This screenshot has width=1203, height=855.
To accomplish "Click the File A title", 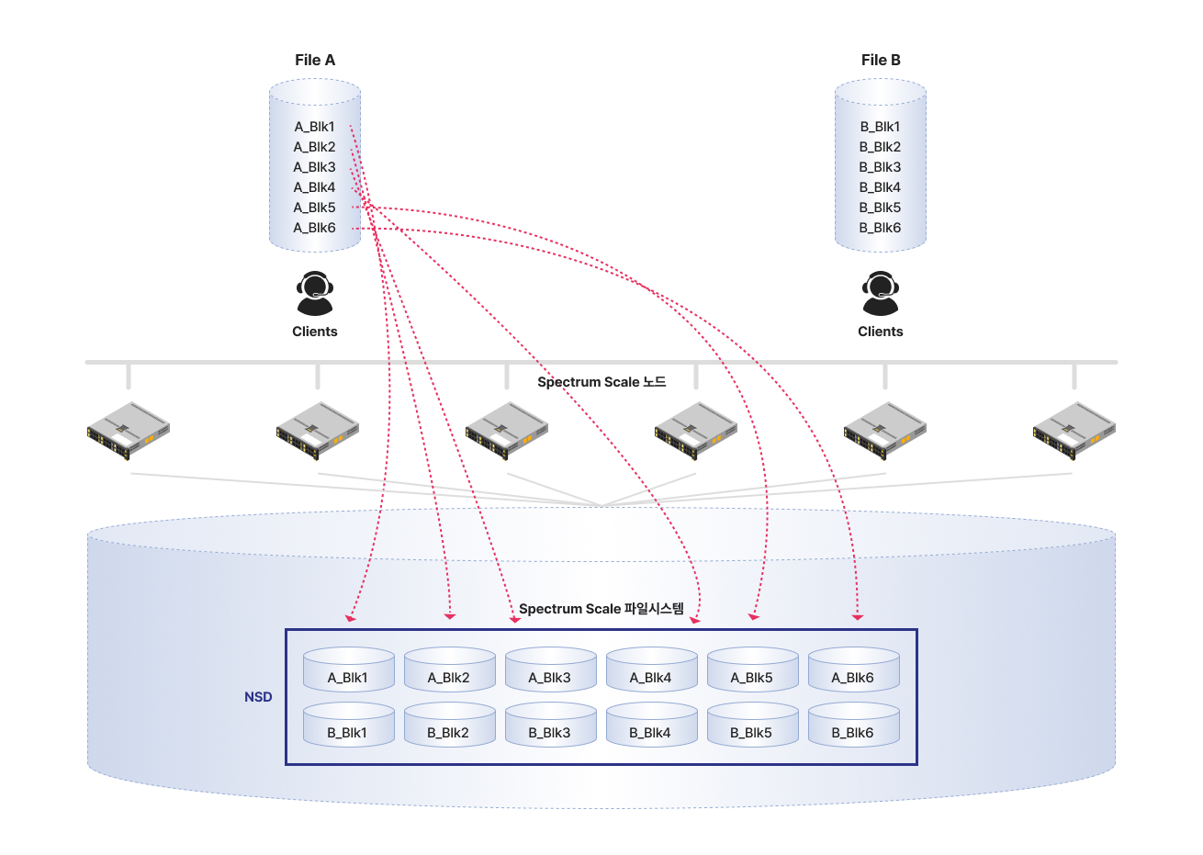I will (315, 60).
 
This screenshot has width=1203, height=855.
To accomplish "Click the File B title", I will (881, 60).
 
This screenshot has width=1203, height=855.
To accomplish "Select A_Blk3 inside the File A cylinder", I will (315, 167).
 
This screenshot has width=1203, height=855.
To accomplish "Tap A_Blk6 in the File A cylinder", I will (315, 228).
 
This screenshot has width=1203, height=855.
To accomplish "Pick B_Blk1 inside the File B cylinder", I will (880, 127).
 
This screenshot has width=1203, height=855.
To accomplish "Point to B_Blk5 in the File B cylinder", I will (880, 208).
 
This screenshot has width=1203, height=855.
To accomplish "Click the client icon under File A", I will (315, 294).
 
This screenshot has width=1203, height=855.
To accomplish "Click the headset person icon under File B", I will (881, 294).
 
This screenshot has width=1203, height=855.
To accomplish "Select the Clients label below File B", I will (881, 332).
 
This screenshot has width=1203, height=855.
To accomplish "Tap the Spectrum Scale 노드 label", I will (601, 382).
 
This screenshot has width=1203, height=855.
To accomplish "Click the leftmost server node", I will (129, 430).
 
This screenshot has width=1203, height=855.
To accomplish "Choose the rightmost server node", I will (1074, 430).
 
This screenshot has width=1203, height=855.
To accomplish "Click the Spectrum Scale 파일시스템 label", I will (601, 609).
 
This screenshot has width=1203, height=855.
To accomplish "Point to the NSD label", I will (258, 697).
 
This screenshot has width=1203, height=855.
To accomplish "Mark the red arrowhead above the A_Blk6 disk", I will (857, 617).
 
